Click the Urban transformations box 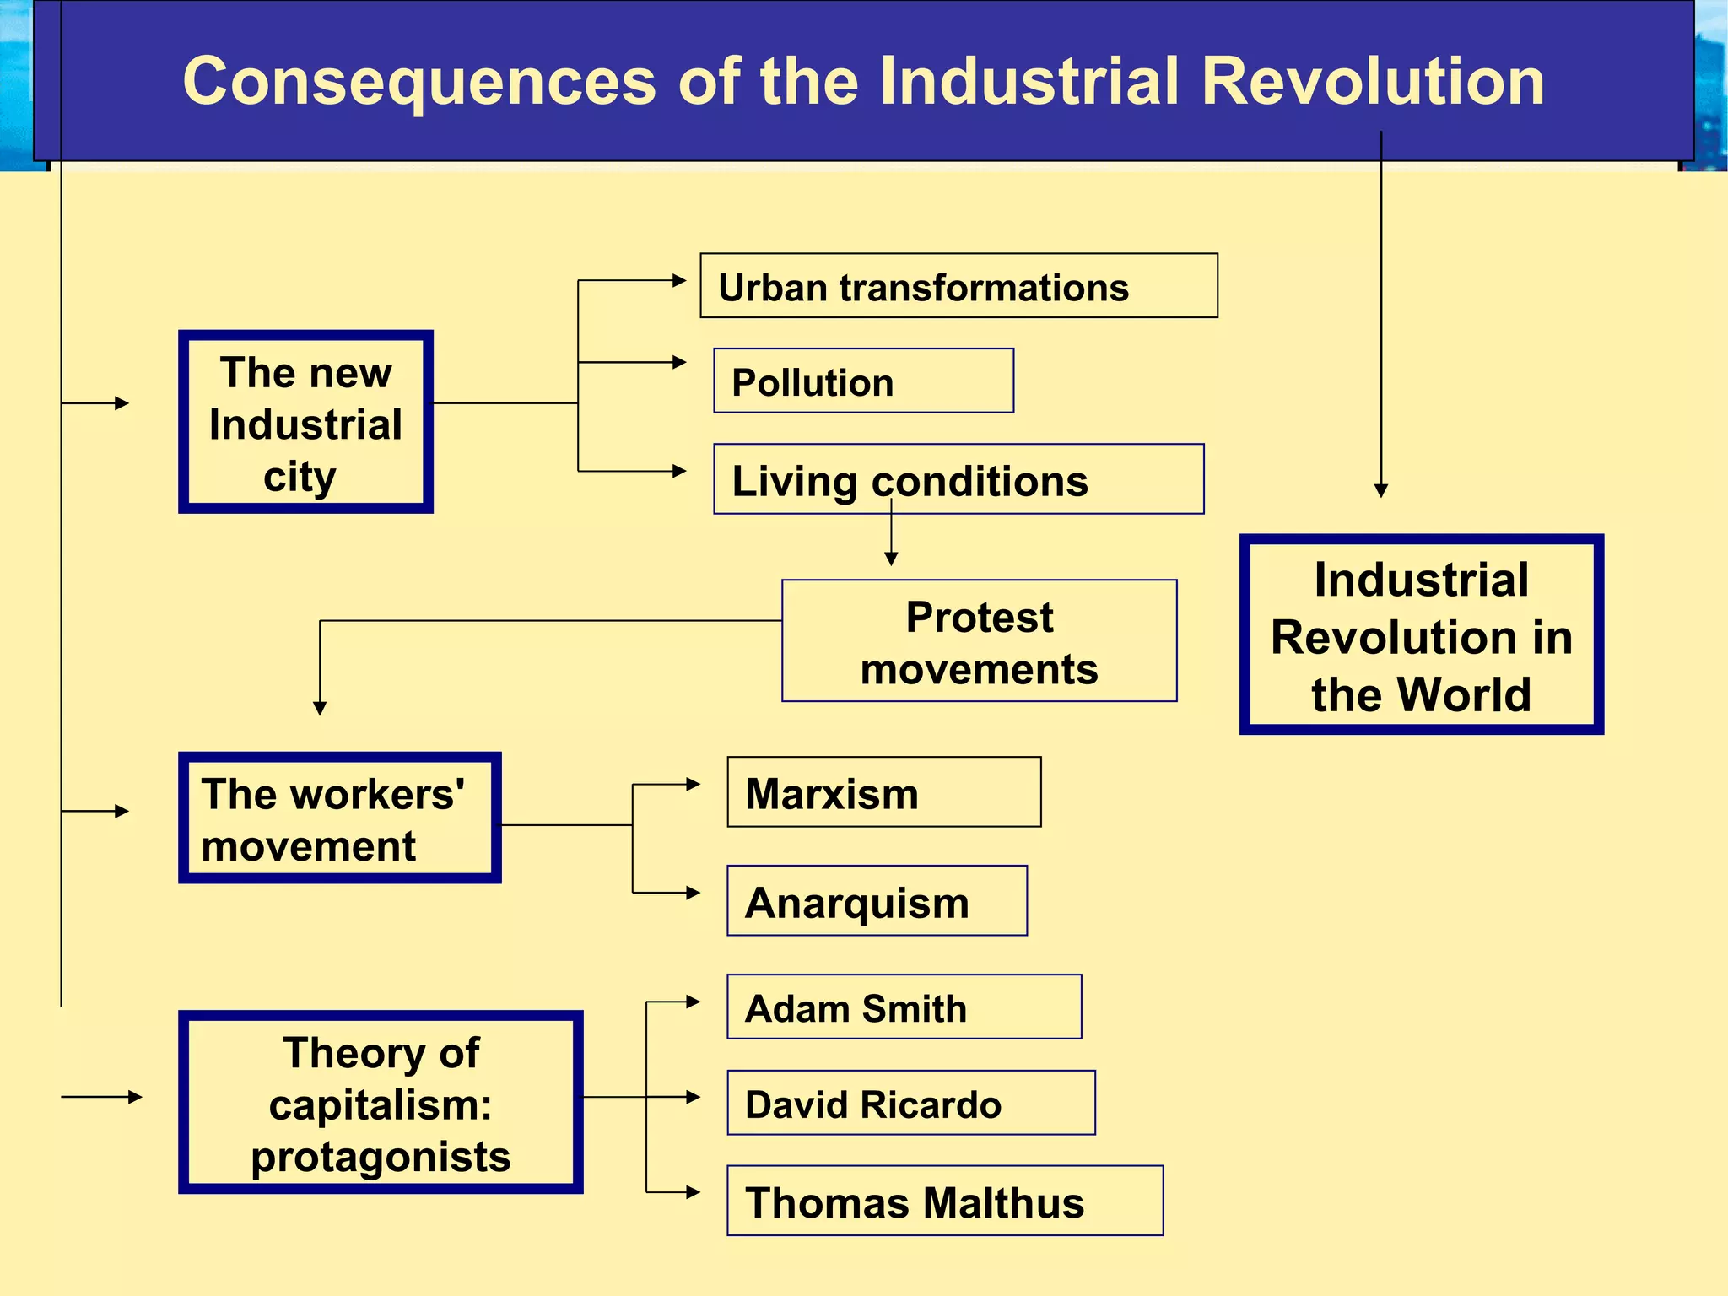(958, 286)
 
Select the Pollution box (863, 381)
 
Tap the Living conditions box (958, 479)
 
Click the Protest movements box (979, 641)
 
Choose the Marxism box (883, 792)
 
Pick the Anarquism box (877, 901)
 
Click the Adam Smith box (904, 1007)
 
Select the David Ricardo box (910, 1104)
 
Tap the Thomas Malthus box (945, 1201)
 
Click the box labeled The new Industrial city (305, 422)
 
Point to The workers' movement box (339, 818)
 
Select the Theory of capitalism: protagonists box (381, 1103)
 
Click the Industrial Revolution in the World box (1421, 634)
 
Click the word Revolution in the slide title (1373, 82)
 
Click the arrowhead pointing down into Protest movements (891, 559)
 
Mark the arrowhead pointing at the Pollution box (679, 363)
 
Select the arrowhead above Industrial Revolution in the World (1381, 490)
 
